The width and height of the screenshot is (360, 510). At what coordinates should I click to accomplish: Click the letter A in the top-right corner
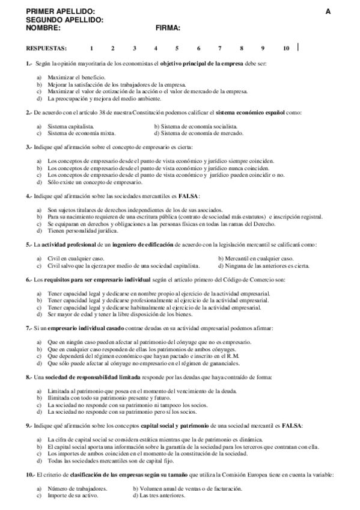point(328,11)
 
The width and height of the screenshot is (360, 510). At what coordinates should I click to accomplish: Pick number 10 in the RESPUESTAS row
point(285,48)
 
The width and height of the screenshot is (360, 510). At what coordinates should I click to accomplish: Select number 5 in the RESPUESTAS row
point(177,48)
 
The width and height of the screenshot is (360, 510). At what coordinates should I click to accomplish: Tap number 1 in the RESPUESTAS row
point(91,48)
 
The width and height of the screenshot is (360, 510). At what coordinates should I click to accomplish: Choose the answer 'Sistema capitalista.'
point(70,127)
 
